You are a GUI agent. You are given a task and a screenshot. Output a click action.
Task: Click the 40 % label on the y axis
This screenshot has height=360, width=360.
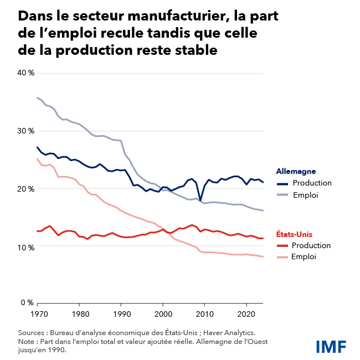(x=27, y=73)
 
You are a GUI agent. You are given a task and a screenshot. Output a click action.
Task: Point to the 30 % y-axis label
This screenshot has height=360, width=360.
(x=27, y=131)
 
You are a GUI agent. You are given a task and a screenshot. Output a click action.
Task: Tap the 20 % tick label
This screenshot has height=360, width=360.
(x=27, y=189)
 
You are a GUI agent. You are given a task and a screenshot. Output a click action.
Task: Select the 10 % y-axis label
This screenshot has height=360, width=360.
(x=27, y=247)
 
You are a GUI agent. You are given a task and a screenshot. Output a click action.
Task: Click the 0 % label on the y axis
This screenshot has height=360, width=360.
(x=28, y=302)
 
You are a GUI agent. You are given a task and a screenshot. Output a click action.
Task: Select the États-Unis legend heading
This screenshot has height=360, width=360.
(x=296, y=234)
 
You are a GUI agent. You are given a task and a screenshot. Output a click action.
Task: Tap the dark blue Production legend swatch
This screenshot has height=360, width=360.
(x=282, y=183)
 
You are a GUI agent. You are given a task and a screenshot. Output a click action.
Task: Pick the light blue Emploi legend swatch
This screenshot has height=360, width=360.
(x=282, y=195)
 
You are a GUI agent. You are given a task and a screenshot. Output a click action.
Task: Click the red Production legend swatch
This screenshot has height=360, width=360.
(x=282, y=246)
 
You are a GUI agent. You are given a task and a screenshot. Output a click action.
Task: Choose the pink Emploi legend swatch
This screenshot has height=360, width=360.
(x=282, y=257)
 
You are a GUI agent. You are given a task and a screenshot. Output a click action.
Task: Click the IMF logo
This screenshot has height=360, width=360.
(x=331, y=347)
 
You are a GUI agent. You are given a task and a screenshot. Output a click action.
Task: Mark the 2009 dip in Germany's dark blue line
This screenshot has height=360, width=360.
(x=200, y=199)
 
